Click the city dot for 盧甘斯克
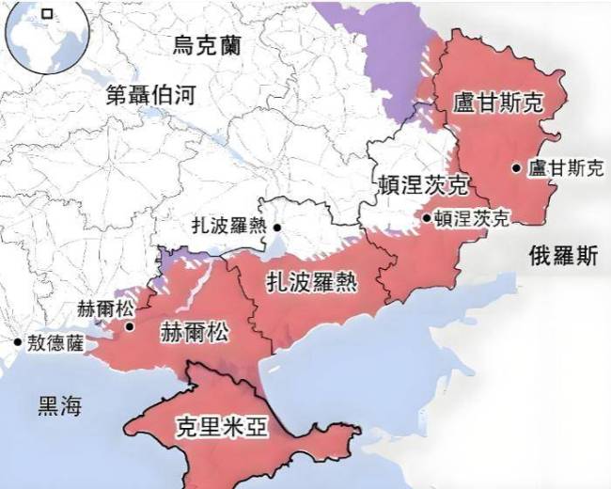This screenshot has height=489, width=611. click(517, 168)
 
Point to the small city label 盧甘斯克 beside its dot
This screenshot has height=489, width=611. click(565, 168)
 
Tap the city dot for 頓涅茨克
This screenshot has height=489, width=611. click(426, 218)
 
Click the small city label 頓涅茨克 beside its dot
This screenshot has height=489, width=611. click(471, 218)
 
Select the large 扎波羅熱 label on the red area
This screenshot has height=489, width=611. click(309, 280)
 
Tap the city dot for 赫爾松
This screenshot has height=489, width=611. click(129, 327)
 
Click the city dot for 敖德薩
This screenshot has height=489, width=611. click(16, 343)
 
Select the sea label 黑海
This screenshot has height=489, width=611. click(59, 406)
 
